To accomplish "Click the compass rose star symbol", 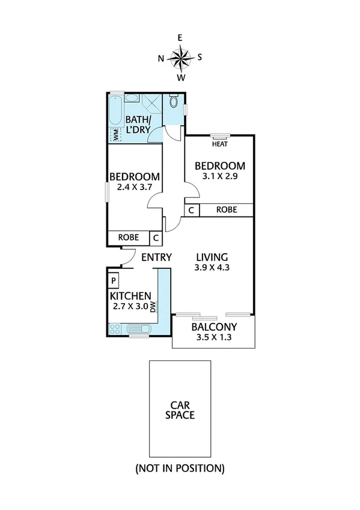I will (x=180, y=58).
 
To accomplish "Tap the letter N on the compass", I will (x=160, y=58).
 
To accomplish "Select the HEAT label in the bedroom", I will (x=219, y=144).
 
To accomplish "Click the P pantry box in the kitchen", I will (x=113, y=280).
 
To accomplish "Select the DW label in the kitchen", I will (x=153, y=307).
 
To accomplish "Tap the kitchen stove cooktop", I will (x=115, y=328).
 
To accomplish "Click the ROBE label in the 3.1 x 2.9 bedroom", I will (x=226, y=210).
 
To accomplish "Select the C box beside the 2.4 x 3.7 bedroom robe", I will (x=155, y=238).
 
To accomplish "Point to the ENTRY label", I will (x=156, y=257).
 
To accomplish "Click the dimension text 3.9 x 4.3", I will (x=212, y=268).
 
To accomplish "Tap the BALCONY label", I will (x=213, y=327).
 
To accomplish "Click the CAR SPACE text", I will (x=180, y=410).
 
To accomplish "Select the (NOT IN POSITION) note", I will (x=180, y=467).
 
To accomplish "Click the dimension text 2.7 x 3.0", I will (x=130, y=307).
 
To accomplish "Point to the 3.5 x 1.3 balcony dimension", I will (x=213, y=337).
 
